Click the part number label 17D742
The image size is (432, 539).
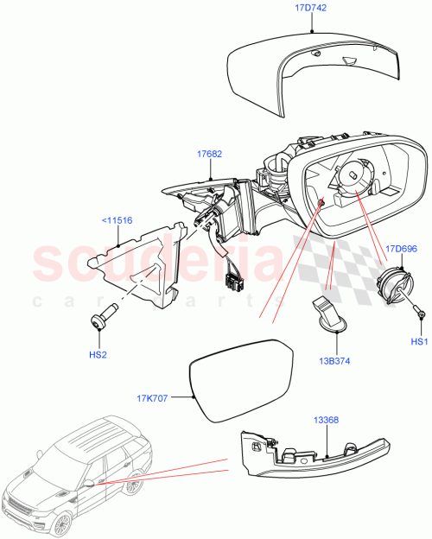coord(309,7)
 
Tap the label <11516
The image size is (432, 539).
coord(118,220)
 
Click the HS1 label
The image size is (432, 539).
coord(420,341)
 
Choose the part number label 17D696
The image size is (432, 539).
coord(403,249)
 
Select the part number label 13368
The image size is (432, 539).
coord(327,419)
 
